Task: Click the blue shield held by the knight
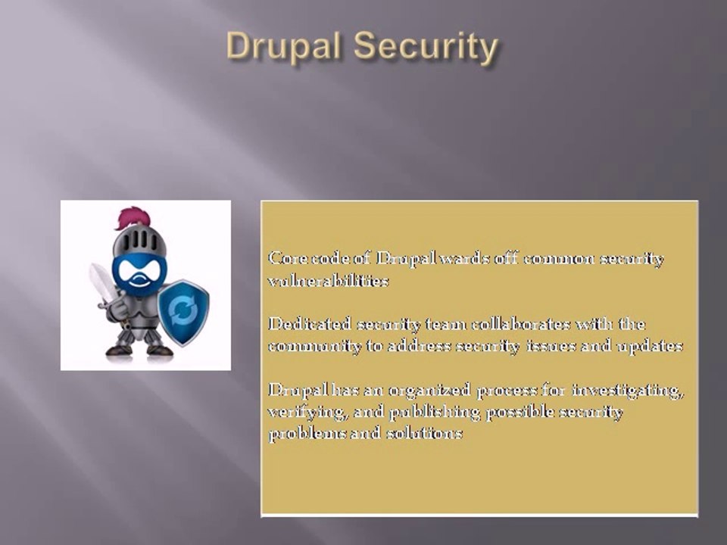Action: pos(183,311)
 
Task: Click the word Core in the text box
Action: pos(285,259)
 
